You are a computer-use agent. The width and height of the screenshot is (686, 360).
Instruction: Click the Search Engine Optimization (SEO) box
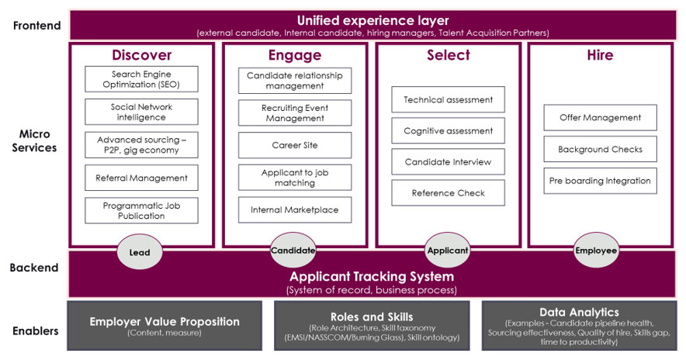tap(141, 78)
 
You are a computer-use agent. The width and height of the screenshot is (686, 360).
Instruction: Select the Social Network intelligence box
tap(141, 112)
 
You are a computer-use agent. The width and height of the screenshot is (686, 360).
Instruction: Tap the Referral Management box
tap(141, 178)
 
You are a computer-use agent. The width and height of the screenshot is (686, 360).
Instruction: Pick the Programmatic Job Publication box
tap(141, 210)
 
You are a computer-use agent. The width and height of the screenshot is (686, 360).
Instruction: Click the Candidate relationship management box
tap(294, 81)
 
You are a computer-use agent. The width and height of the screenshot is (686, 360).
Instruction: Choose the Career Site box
tap(294, 145)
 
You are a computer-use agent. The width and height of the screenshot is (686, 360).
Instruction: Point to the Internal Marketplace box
tap(294, 209)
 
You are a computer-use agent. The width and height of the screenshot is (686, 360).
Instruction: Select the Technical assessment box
tap(448, 100)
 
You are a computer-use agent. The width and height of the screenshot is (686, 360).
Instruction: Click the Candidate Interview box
tap(448, 161)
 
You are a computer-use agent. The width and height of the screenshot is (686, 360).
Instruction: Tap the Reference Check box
tap(448, 193)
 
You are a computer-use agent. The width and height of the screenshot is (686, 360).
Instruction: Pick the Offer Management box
tap(600, 118)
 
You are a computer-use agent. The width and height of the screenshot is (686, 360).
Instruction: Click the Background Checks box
tap(600, 149)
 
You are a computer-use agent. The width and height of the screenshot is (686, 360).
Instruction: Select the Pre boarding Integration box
tap(600, 181)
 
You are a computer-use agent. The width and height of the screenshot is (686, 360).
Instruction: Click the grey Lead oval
tap(140, 251)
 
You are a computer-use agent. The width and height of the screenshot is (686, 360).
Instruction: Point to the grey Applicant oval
tap(448, 251)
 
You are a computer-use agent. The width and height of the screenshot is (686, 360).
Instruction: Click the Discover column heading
tap(141, 55)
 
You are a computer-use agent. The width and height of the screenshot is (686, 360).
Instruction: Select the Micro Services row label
tap(35, 140)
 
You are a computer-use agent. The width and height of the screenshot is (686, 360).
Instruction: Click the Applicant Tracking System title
tap(371, 276)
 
